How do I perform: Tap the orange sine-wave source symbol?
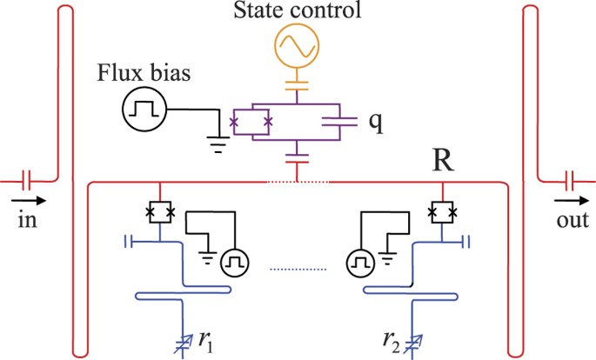click(297, 47)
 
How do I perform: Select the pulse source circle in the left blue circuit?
click(231, 261)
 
